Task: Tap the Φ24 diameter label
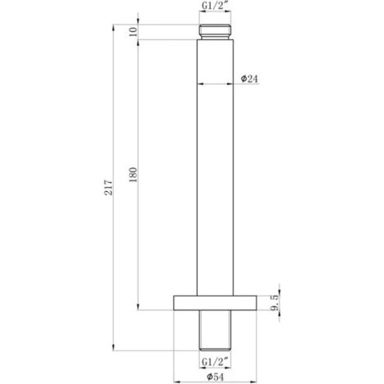click(x=251, y=78)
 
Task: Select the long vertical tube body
click(x=216, y=163)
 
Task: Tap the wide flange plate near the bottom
click(x=216, y=302)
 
